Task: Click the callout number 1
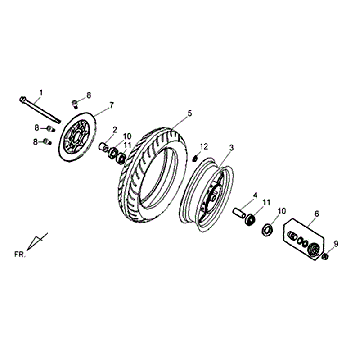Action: coord(41,92)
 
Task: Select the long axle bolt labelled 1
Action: coord(40,109)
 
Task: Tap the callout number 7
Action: coord(111,105)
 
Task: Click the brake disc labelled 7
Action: coord(77,137)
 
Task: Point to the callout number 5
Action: coord(190,113)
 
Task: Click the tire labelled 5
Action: coord(152,175)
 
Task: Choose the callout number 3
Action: coord(231,147)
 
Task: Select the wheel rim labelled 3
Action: coord(206,195)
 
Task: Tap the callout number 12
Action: coord(204,146)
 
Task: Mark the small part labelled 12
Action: coord(196,158)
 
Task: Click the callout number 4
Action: coord(255,195)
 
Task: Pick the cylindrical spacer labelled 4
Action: coord(239,212)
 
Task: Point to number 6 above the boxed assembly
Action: coord(317,214)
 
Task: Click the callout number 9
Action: coord(336,244)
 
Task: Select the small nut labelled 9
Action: coord(325,257)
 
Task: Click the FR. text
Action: coord(20,254)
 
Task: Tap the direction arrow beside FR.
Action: coord(37,241)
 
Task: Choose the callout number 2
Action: coord(115,129)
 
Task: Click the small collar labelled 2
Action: coord(103,147)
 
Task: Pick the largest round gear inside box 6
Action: coord(314,249)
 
